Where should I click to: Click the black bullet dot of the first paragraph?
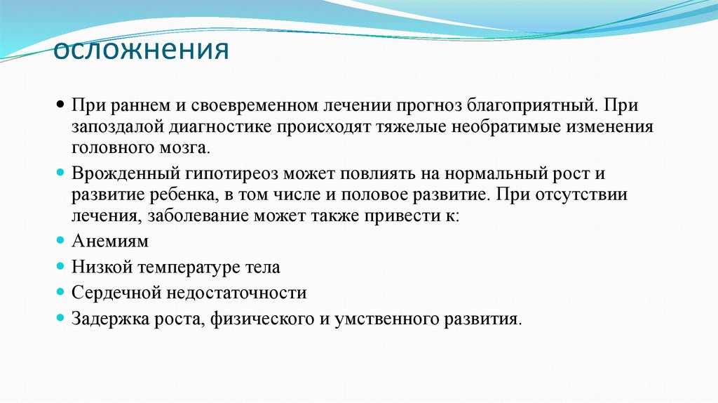point(61,105)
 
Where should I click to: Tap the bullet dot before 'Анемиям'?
point(61,241)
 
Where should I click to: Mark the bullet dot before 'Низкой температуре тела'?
point(61,267)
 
